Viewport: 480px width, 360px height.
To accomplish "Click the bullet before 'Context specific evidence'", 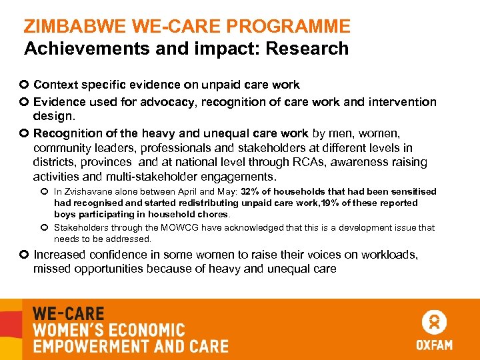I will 25,85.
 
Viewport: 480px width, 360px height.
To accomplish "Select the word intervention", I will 403,102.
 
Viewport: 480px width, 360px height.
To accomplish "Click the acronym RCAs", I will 308,162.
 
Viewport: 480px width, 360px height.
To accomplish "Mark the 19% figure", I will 328,203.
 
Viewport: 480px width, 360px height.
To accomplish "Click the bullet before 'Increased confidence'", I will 25,255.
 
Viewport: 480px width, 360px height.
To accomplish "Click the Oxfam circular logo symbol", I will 434,323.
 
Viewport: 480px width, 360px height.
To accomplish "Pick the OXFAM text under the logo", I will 434,345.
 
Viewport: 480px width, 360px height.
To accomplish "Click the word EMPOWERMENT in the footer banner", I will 84,346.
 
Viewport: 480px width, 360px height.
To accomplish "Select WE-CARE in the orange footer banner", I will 69,313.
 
